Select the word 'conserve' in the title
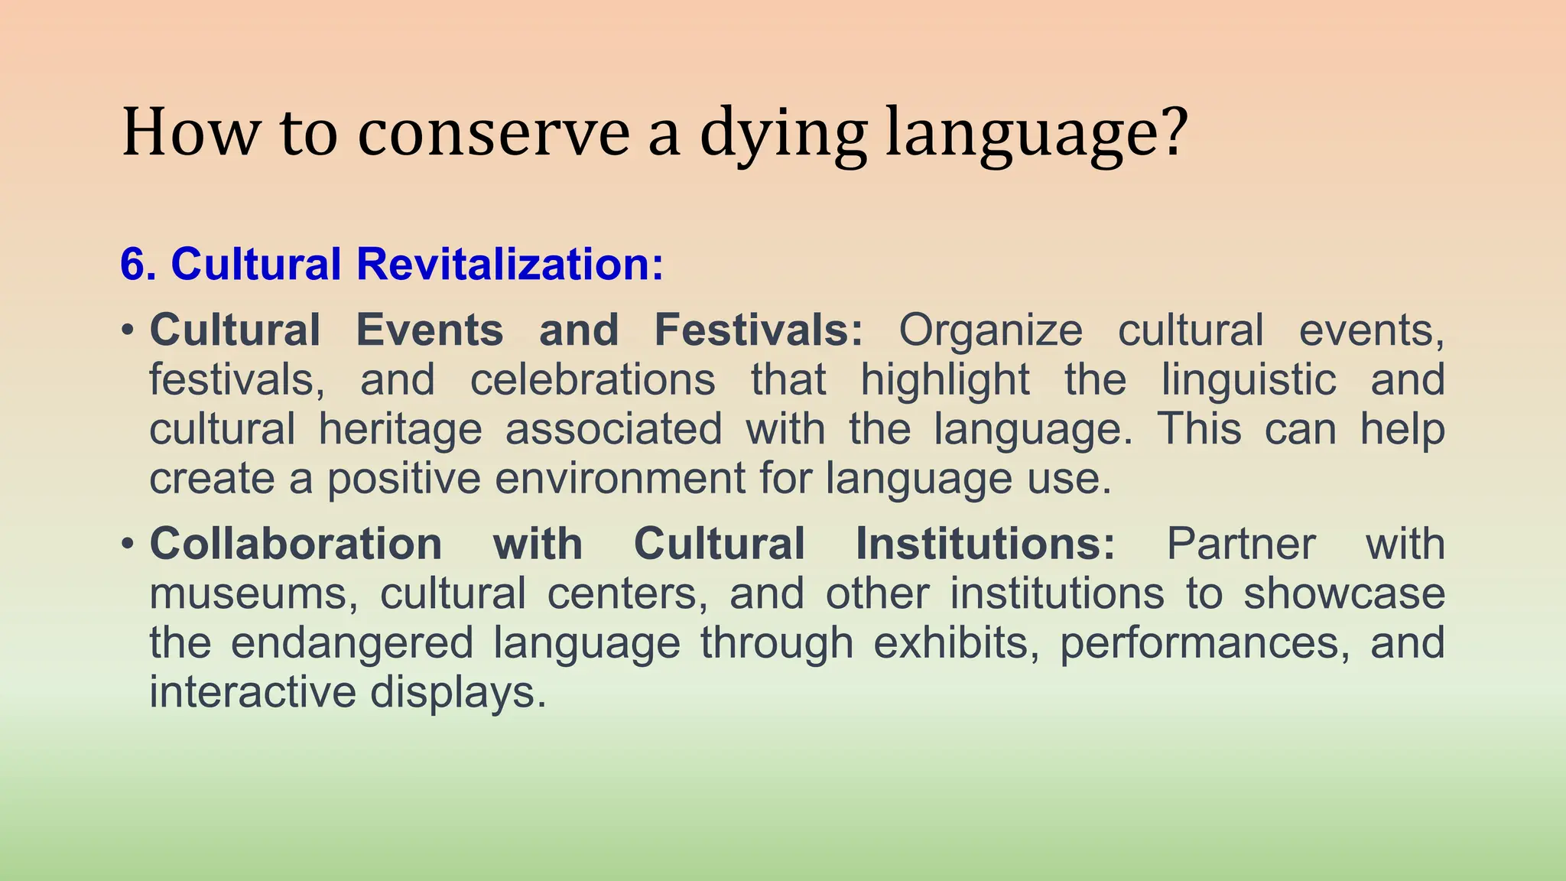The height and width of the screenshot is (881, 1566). point(493,135)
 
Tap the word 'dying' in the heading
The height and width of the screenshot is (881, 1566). point(784,135)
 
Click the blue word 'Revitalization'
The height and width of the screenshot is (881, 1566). point(509,265)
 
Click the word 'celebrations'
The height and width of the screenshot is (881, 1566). point(593,380)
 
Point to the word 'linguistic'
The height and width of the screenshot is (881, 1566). point(1249,380)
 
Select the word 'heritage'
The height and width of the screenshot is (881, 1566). point(400,430)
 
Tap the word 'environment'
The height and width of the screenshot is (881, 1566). point(619,479)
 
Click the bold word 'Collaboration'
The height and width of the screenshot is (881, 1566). point(296,545)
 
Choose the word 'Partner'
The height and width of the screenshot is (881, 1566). point(1240,545)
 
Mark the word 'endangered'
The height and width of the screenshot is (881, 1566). point(352,643)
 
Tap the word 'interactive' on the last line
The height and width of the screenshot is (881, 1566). point(252,692)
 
